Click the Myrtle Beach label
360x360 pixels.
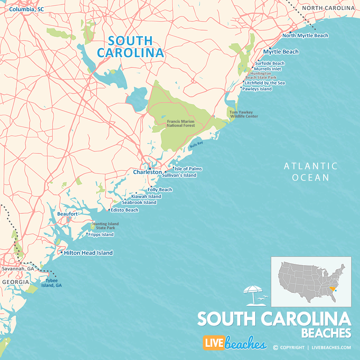[x=281, y=52]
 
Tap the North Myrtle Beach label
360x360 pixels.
[x=305, y=36]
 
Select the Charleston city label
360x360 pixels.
[x=147, y=172]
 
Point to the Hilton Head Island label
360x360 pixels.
[x=88, y=253]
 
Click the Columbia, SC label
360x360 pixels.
[x=26, y=9]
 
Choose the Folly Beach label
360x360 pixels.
[x=160, y=190]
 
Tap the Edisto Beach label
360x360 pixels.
[x=125, y=210]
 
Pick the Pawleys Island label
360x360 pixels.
[x=257, y=89]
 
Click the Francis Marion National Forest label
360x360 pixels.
[x=181, y=123]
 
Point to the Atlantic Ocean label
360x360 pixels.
[x=310, y=172]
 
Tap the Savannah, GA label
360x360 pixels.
[x=18, y=269]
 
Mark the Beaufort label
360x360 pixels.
[x=67, y=214]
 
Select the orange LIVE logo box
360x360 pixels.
[x=213, y=343]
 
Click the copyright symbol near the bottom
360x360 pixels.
[x=275, y=348]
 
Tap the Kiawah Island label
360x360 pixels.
[x=146, y=196]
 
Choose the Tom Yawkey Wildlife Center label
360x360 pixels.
[x=244, y=114]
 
